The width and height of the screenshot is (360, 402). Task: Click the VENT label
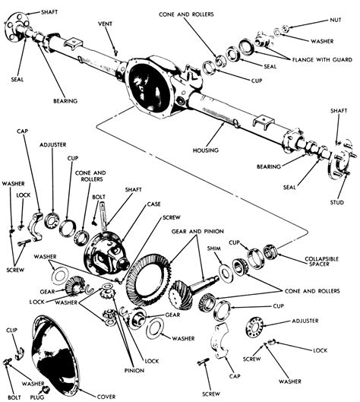click(x=106, y=24)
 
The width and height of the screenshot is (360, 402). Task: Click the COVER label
click(x=106, y=396)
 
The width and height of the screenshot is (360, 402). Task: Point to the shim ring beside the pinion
click(x=226, y=271)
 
